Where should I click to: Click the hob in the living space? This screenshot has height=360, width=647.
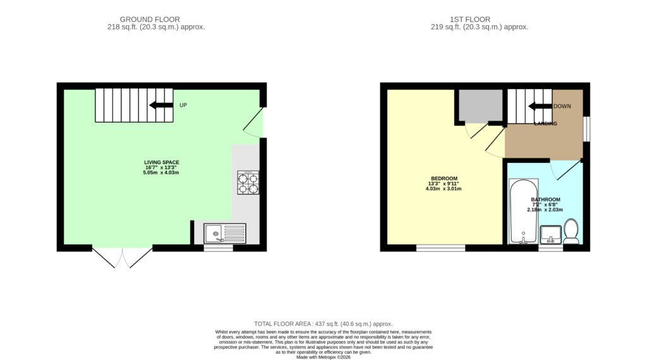coord(248,183)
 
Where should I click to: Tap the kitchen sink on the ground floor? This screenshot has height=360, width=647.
coord(225,234)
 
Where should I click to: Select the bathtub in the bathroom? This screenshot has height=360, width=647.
coord(524,211)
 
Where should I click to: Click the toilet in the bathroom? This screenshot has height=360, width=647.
coord(571,231)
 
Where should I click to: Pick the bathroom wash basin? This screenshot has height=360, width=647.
coord(551,235)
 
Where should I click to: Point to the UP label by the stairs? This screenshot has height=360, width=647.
coord(183,105)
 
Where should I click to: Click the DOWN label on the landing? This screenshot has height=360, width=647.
coord(562,106)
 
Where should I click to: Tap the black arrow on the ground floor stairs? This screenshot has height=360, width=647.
coord(161,105)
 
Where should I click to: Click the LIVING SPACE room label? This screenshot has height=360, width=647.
coord(162,162)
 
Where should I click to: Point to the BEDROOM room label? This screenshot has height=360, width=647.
coord(444,179)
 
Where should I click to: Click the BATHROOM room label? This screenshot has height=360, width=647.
coord(545,200)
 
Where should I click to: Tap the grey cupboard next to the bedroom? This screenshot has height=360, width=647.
coord(481,105)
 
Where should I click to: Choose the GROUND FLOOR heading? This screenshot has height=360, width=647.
coord(150,20)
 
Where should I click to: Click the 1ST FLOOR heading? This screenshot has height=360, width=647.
coord(470,20)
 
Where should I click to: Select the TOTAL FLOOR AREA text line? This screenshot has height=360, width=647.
coord(323,324)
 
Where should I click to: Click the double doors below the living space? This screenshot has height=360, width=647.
coord(122,257)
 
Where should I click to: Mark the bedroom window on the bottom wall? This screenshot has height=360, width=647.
coord(440,248)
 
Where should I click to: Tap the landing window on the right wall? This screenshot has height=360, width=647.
coord(586,129)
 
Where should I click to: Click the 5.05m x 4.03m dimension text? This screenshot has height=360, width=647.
coord(161,173)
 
